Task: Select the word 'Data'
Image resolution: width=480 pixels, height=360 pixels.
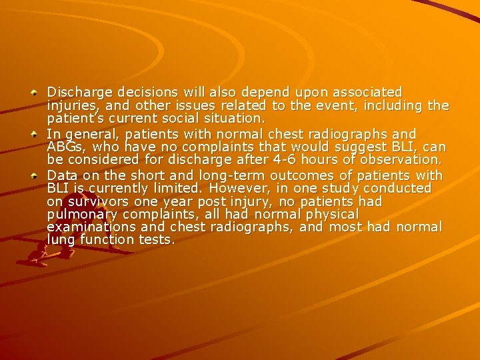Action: pos(61,175)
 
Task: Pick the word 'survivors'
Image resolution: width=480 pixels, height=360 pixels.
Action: pos(93,201)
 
